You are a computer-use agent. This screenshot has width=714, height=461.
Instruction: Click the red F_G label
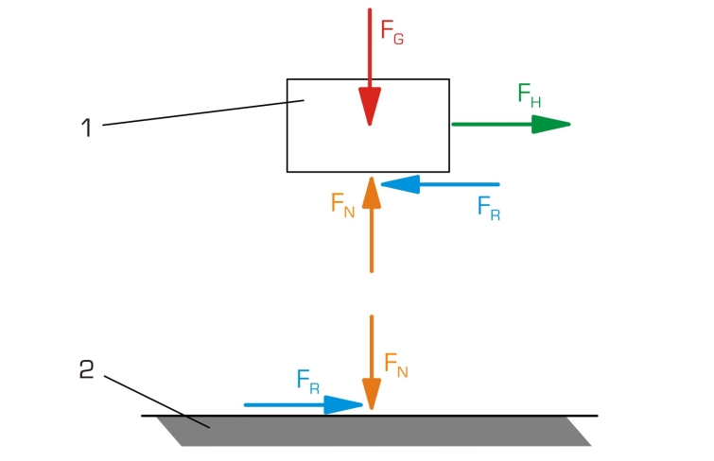coord(392,30)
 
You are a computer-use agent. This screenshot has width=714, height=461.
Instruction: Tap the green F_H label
coord(530,94)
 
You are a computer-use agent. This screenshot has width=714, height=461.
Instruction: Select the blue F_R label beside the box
coord(488,207)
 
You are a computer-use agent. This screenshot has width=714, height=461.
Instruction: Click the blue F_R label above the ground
coord(307,381)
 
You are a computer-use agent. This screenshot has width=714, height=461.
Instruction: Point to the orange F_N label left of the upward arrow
coord(342,204)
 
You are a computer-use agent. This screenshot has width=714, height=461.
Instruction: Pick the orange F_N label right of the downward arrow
coord(396,364)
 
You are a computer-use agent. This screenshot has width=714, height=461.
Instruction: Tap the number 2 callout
coord(86,370)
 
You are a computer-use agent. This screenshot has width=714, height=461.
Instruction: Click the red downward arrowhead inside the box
coord(370,107)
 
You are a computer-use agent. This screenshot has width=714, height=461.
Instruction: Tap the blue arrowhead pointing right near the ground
coord(344,405)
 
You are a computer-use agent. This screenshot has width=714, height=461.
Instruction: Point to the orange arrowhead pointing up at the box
coord(372,192)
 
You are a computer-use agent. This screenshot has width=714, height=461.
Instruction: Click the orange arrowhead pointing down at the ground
coord(372,393)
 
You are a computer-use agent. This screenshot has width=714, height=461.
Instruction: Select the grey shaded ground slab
coord(378,431)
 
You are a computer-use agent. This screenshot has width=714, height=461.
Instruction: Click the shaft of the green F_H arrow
coord(492,124)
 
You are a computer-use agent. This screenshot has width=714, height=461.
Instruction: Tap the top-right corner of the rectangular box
coord(448,79)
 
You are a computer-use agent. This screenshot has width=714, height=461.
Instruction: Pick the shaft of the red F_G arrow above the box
coord(370,43)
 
